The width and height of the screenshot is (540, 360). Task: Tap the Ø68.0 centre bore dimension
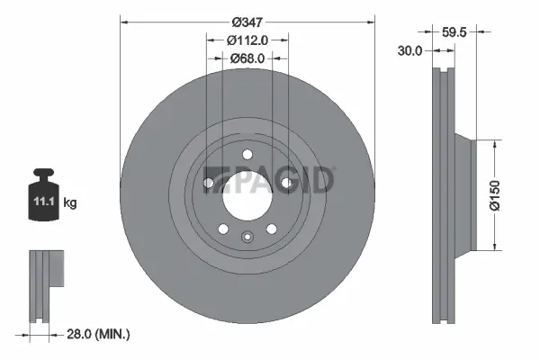tap(247, 59)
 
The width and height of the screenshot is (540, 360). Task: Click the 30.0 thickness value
tap(409, 52)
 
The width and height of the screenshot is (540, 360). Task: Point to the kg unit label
tap(69, 203)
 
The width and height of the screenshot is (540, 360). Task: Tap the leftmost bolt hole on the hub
tap(208, 184)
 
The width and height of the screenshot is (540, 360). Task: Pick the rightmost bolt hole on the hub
tap(286, 184)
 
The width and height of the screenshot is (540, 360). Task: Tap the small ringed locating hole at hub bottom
tap(247, 238)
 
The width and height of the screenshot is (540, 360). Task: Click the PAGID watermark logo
tap(270, 179)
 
